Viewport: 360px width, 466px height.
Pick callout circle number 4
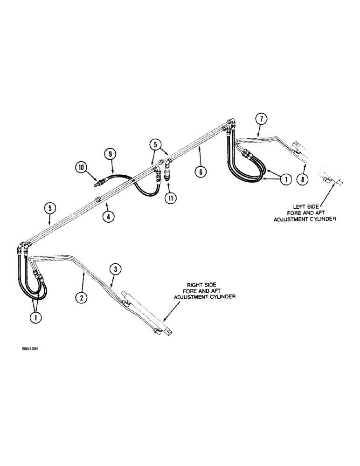pos(108,216)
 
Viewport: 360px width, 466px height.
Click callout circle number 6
pos(200,171)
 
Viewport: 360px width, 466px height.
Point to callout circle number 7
pos(262,119)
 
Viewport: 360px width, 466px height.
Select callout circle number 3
pos(116,269)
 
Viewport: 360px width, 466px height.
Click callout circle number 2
pos(82,296)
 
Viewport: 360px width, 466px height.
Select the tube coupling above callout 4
pos(98,199)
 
